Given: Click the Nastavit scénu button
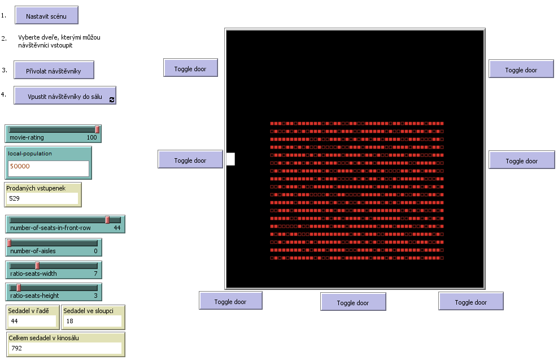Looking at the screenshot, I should [46, 16].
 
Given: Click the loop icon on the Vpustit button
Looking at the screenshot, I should [112, 99].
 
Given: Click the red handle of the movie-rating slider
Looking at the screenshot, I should [97, 130].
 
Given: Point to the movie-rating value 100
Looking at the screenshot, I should [91, 137].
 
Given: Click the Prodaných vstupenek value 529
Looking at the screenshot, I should [42, 198].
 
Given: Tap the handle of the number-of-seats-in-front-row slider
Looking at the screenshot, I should [107, 220].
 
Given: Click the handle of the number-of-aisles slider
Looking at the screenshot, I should [9, 243].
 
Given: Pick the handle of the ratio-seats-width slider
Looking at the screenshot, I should [37, 266].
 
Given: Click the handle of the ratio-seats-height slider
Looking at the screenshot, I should [19, 288].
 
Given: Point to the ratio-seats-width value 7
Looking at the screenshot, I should [95, 274].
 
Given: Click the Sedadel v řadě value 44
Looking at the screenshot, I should [32, 322].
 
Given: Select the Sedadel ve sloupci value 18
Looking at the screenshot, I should [92, 322].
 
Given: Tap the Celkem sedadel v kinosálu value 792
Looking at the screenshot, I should [66, 348].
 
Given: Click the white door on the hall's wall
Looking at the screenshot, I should [230, 159].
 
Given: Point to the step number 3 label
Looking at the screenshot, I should [4, 70].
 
